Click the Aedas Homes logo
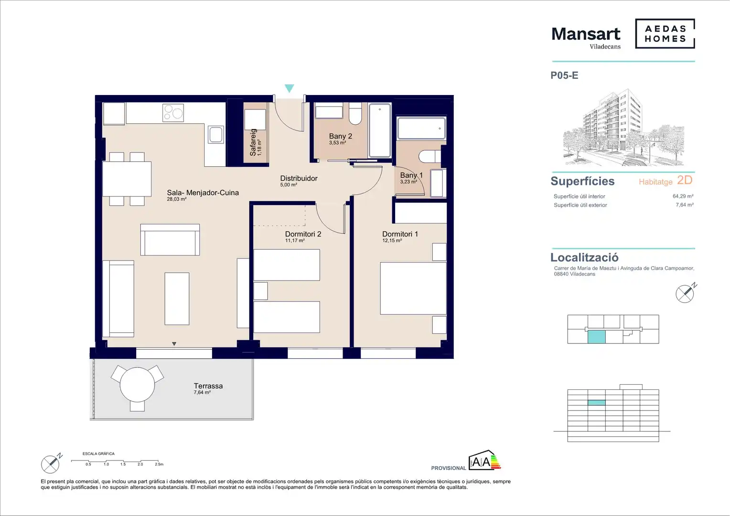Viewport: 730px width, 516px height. pyautogui.click(x=665, y=33)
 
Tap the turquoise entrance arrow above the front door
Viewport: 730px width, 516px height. pyautogui.click(x=289, y=88)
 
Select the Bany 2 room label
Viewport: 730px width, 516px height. pyautogui.click(x=340, y=136)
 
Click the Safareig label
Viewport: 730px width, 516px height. pyautogui.click(x=253, y=142)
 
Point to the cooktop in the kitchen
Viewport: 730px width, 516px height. pyautogui.click(x=173, y=112)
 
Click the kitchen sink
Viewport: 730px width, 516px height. pyautogui.click(x=216, y=135)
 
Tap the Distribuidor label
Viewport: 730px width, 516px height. pyautogui.click(x=299, y=178)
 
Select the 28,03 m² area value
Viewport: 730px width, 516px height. pyautogui.click(x=177, y=199)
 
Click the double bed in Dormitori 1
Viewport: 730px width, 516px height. pyautogui.click(x=413, y=289)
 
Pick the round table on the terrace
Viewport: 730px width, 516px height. pyautogui.click(x=137, y=385)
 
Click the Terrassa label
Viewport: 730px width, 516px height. pyautogui.click(x=208, y=386)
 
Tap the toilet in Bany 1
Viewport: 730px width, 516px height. pyautogui.click(x=430, y=156)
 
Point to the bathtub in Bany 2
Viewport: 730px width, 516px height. pyautogui.click(x=380, y=130)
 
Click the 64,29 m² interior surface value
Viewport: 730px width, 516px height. pyautogui.click(x=683, y=196)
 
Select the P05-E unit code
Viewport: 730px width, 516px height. pyautogui.click(x=564, y=75)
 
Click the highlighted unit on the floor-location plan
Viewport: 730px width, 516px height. pyautogui.click(x=596, y=337)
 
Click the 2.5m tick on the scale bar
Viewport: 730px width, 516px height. pyautogui.click(x=158, y=461)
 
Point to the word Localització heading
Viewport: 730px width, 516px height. pyautogui.click(x=584, y=258)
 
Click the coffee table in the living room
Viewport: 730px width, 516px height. pyautogui.click(x=177, y=299)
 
